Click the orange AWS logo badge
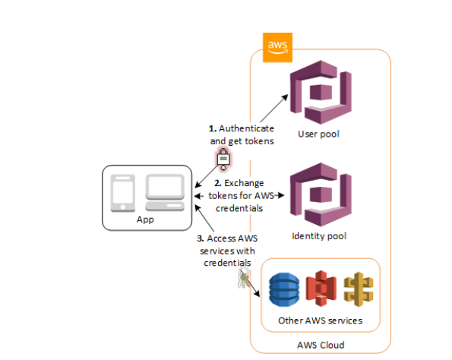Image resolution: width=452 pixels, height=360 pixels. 277,48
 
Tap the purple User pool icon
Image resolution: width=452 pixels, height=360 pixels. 321,92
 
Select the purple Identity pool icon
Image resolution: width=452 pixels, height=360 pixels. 321,194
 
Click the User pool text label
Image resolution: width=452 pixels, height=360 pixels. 318,134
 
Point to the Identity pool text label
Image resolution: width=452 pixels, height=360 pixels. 319,236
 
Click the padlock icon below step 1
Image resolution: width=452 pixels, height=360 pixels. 223,159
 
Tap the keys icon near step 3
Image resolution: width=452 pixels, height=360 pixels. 244,277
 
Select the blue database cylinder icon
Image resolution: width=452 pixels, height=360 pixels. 284,289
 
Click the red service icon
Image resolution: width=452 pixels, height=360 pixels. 321,289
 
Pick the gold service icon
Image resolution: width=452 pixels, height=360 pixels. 359,289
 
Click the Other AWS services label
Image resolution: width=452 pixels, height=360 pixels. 320,321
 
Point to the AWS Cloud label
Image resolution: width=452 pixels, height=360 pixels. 321,345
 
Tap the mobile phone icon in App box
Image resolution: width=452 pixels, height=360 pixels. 123,193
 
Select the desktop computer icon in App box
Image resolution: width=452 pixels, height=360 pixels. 165,193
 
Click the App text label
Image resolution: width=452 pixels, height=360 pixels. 145,219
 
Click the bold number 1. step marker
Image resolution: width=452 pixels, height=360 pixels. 213,128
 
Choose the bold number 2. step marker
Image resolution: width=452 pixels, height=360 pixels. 218,183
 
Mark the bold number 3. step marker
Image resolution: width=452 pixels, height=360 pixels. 201,238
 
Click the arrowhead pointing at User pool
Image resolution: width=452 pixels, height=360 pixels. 285,97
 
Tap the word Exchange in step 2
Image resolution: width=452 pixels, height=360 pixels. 244,183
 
